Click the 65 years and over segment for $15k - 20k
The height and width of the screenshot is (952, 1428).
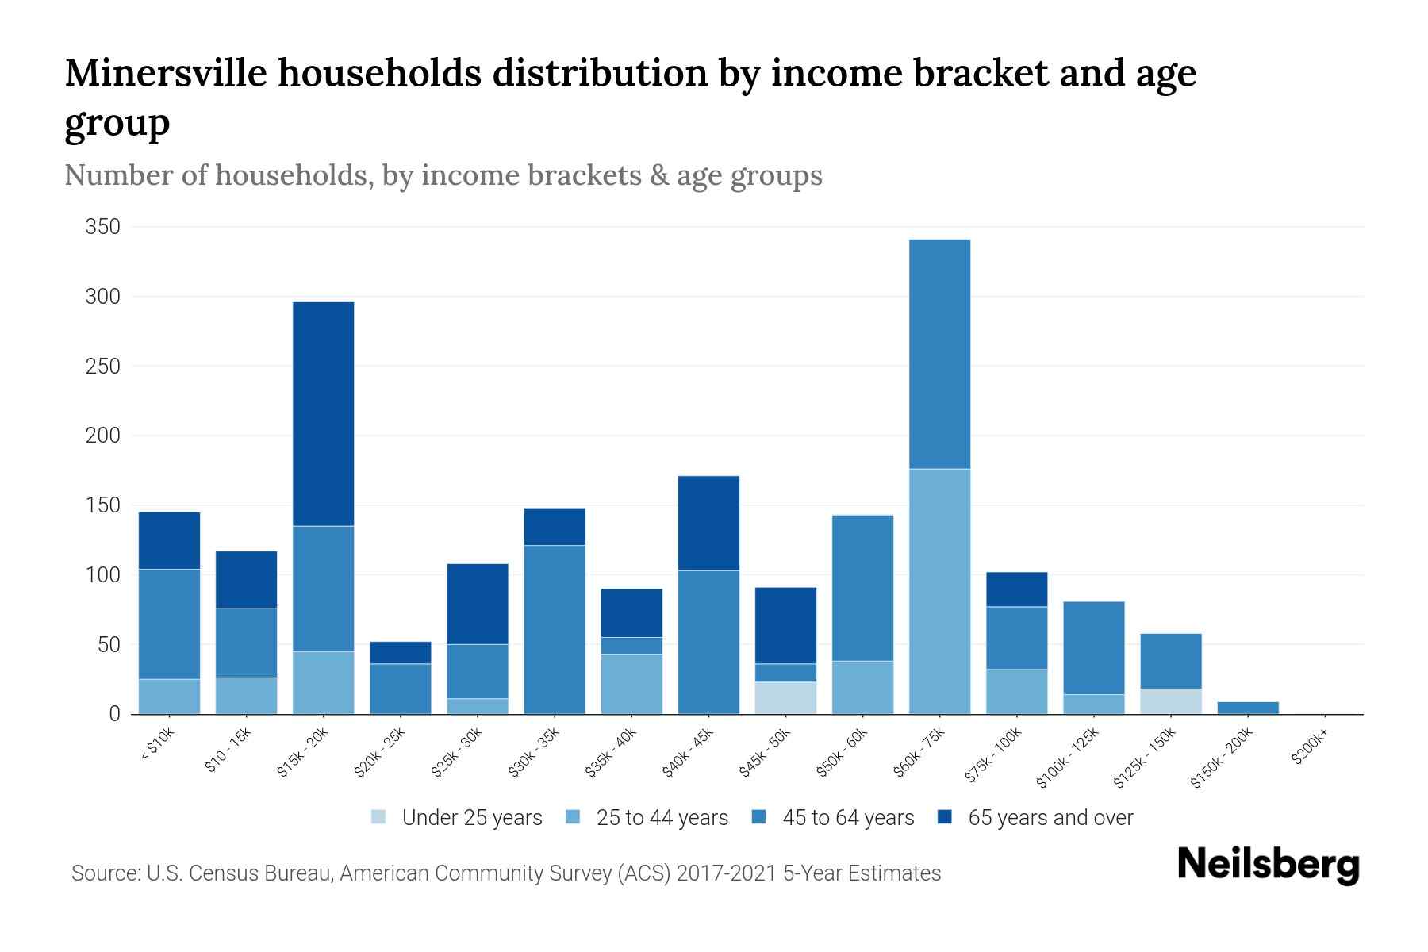pos(323,413)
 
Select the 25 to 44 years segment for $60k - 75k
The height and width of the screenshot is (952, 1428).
pos(939,591)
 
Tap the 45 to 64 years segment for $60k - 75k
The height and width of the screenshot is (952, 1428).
pos(939,354)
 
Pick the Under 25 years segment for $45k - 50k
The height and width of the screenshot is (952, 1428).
pos(785,697)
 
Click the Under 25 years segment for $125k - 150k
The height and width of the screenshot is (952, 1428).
pos(1170,701)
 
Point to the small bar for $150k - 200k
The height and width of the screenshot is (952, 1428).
pos(1247,708)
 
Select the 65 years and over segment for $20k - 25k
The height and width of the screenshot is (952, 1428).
pos(400,652)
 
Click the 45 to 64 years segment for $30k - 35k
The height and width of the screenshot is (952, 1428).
pos(554,629)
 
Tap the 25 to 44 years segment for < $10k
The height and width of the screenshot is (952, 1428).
pos(169,696)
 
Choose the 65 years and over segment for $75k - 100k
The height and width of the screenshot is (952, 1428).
pos(1016,589)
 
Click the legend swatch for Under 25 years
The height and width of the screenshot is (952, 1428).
pos(379,817)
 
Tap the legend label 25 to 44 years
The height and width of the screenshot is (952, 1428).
pos(662,817)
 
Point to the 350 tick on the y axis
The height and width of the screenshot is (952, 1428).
pos(103,227)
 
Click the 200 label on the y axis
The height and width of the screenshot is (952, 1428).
pos(103,436)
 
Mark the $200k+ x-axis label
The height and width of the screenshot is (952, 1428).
pos(1309,748)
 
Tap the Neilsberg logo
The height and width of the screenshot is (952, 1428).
pos(1268,864)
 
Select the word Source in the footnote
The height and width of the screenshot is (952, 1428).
pos(103,873)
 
